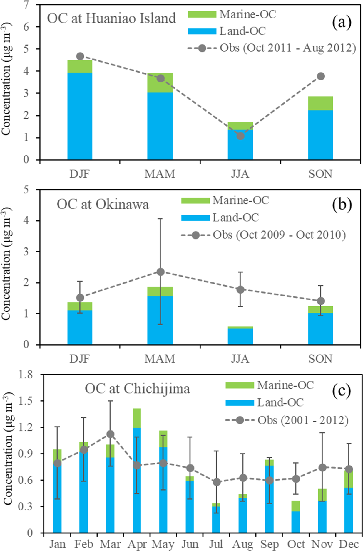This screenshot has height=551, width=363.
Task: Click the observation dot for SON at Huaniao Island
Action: [321, 76]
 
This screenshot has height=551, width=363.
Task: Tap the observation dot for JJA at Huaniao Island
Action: [240, 136]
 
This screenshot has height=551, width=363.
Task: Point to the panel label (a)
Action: [342, 23]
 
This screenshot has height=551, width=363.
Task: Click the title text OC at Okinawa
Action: [103, 204]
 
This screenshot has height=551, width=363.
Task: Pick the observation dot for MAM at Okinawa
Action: [160, 272]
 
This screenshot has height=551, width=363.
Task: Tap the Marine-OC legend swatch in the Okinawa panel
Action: [195, 200]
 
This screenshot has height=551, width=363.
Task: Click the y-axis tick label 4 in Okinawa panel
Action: [26, 220]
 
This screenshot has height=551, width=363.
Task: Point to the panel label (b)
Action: [342, 205]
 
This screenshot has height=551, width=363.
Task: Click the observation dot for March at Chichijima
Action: [110, 434]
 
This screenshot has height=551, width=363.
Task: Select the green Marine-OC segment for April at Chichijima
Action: [137, 418]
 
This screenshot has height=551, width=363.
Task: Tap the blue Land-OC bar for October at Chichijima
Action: [296, 522]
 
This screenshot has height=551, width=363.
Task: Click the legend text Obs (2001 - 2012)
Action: [303, 420]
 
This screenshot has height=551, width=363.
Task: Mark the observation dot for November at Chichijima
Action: [322, 467]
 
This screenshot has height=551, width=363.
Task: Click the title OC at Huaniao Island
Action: [111, 18]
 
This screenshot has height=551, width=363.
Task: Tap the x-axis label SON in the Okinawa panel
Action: [320, 359]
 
